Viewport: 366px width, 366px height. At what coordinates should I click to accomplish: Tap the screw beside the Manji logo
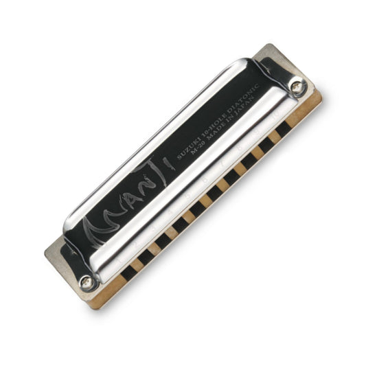click(86, 280)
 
